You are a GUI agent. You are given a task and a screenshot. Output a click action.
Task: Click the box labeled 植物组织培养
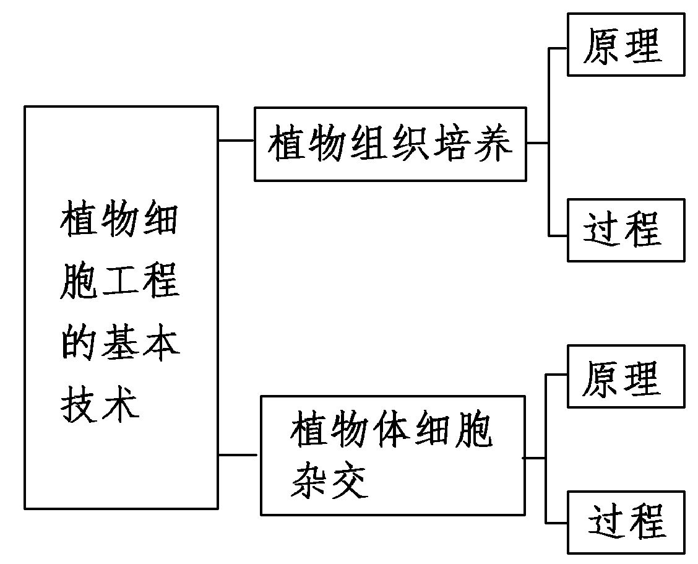[390, 144]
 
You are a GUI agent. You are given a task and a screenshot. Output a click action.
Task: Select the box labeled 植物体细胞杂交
[393, 455]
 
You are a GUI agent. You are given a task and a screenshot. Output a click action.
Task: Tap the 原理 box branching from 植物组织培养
[626, 46]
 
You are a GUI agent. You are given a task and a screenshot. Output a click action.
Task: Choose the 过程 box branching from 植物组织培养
[626, 230]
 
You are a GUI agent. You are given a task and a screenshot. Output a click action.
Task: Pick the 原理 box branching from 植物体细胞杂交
[626, 376]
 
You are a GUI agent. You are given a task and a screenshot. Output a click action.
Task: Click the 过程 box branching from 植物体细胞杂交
[626, 522]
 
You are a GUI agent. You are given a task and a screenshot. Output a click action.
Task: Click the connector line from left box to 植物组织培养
[236, 141]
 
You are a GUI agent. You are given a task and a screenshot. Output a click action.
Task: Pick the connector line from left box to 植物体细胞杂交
[238, 455]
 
